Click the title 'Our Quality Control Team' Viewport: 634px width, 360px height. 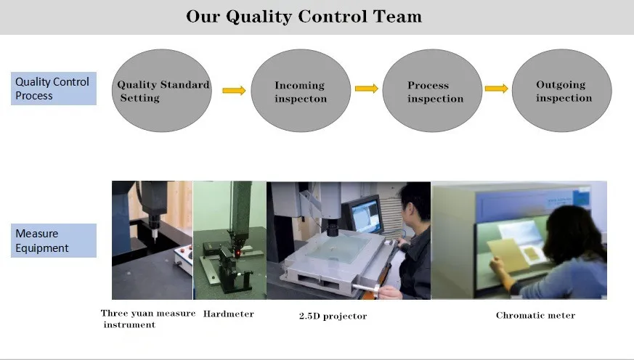tap(304, 16)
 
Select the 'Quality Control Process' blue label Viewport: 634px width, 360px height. tap(53, 89)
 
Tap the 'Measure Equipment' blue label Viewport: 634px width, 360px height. tap(53, 241)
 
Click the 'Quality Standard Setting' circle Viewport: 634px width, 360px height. tap(163, 91)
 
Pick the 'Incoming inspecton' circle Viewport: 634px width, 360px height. tap(301, 91)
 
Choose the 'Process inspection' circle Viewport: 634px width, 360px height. tap(431, 91)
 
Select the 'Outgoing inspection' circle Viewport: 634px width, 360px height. tap(562, 91)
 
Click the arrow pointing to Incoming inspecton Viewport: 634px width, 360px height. tap(233, 91)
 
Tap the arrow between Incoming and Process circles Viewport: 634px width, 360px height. tap(366, 89)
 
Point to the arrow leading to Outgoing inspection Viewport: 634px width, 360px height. tap(496, 89)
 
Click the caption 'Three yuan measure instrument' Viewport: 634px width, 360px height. tap(147, 319)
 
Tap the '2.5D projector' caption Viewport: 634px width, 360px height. tap(333, 316)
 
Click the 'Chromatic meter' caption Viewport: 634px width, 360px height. tap(535, 315)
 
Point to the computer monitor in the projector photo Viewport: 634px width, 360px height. tap(363, 215)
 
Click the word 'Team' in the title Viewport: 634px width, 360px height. tap(397, 16)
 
